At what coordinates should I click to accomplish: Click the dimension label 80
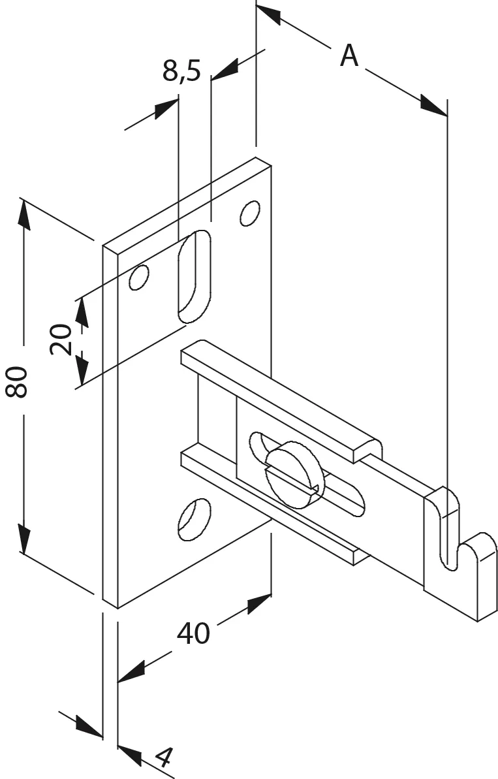tap(16, 381)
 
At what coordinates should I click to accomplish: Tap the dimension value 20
tap(61, 339)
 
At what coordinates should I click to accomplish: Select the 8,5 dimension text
tap(181, 70)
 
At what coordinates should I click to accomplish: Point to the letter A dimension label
tap(349, 55)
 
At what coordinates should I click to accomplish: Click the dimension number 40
tap(194, 633)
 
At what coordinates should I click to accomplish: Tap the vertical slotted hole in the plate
tap(194, 276)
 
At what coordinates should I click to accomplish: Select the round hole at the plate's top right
tap(250, 213)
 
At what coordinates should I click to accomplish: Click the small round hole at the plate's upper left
tap(139, 278)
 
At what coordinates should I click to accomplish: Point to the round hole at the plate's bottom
tap(194, 519)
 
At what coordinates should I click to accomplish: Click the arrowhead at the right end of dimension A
tap(433, 105)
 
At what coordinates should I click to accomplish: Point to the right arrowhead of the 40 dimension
tap(259, 603)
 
